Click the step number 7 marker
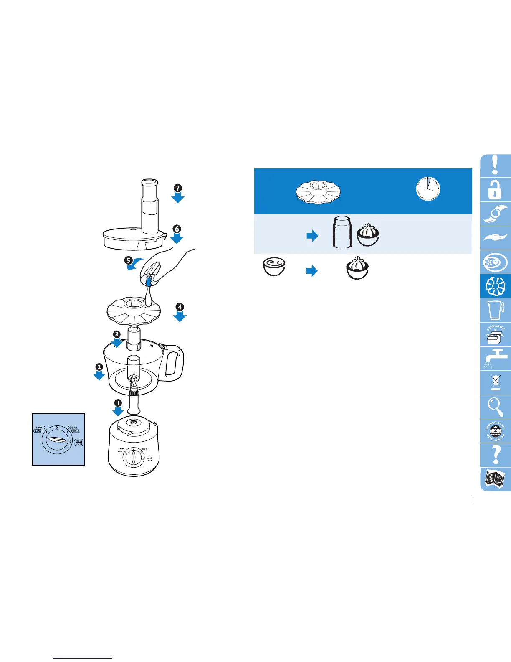pyautogui.click(x=177, y=188)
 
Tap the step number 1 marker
pyautogui.click(x=118, y=403)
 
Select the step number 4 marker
pyautogui.click(x=180, y=307)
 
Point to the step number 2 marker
pyautogui.click(x=99, y=367)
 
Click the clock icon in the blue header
pyautogui.click(x=428, y=188)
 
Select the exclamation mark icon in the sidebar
pyautogui.click(x=495, y=165)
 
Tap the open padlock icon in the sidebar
pyautogui.click(x=495, y=189)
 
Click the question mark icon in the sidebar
pyautogui.click(x=496, y=454)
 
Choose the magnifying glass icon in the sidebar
pyautogui.click(x=496, y=407)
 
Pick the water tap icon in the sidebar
pyautogui.click(x=496, y=359)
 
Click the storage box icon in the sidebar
pyautogui.click(x=496, y=334)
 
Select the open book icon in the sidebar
pyautogui.click(x=496, y=479)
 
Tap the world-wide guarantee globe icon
pyautogui.click(x=496, y=431)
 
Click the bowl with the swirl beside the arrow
pyautogui.click(x=274, y=267)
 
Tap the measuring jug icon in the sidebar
pyautogui.click(x=496, y=310)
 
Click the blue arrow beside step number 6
pyautogui.click(x=177, y=239)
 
